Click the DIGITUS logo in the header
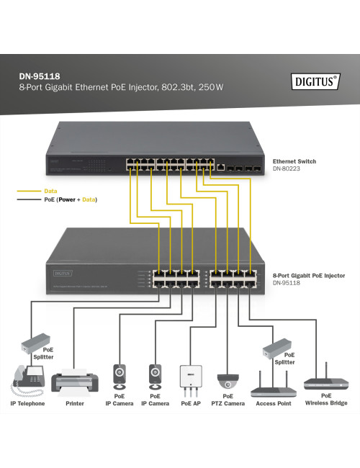pyautogui.click(x=315, y=81)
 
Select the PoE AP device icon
pyautogui.click(x=190, y=379)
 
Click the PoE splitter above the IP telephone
pyautogui.click(x=34, y=341)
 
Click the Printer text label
pyautogui.click(x=74, y=403)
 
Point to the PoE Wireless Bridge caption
pyautogui.click(x=326, y=400)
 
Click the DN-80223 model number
pyautogui.click(x=286, y=170)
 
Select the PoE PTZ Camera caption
pyautogui.click(x=228, y=400)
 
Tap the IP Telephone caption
pyautogui.click(x=27, y=403)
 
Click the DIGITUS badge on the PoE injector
pyautogui.click(x=61, y=273)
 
